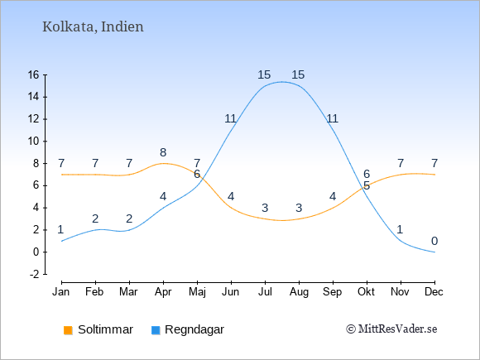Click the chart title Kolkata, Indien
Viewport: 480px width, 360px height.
(93, 26)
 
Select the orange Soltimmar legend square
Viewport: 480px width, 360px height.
(68, 330)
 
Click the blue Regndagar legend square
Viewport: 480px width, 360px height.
(156, 330)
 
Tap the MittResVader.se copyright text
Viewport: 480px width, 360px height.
(391, 329)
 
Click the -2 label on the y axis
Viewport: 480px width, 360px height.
(35, 274)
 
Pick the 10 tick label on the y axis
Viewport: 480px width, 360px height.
(34, 142)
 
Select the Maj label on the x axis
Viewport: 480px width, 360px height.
(197, 292)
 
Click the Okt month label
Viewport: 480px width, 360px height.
(366, 292)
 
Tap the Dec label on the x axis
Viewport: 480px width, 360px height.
(434, 292)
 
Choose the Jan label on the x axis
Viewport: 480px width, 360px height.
(61, 292)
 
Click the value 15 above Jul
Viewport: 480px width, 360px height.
(264, 74)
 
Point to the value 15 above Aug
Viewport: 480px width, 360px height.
(298, 74)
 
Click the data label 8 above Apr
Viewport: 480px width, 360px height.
(163, 152)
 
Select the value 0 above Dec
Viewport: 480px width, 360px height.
(434, 241)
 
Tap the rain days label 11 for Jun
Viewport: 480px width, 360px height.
(231, 118)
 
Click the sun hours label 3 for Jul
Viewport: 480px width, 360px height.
(265, 208)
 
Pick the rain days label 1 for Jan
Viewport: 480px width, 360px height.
(60, 229)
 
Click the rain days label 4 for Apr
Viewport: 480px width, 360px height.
(163, 196)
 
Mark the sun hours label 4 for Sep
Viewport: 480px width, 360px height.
(333, 196)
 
